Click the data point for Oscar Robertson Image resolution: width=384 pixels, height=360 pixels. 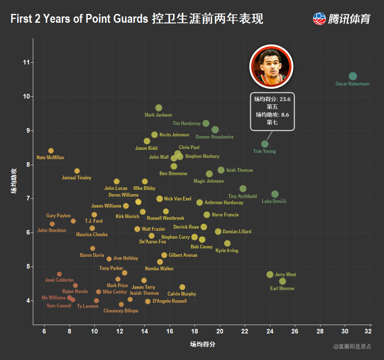click(x=352, y=76)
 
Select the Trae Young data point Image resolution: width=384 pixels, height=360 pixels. click(x=265, y=144)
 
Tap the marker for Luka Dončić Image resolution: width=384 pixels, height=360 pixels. click(x=275, y=194)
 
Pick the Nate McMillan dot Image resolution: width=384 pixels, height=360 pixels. click(x=51, y=151)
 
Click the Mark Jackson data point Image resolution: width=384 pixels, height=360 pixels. click(x=159, y=108)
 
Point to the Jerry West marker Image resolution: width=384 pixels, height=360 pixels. click(x=270, y=274)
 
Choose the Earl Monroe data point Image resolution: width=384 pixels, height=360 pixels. click(x=282, y=281)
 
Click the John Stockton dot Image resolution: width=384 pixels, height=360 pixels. click(x=52, y=224)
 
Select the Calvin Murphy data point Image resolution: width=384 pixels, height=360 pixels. click(x=182, y=287)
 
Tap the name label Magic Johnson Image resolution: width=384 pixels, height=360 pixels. click(x=208, y=181)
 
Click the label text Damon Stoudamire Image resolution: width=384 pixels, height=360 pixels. click(x=215, y=137)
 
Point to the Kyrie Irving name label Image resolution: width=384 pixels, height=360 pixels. click(x=227, y=251)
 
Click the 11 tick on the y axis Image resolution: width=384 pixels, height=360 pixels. click(x=27, y=62)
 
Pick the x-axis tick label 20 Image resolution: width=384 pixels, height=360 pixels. click(x=220, y=332)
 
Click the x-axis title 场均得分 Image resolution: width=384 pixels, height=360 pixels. click(x=202, y=344)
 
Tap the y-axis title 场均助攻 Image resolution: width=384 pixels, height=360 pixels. click(x=14, y=182)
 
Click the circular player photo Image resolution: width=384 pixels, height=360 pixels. click(x=272, y=66)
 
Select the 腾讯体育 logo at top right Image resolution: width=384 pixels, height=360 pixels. click(x=342, y=19)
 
